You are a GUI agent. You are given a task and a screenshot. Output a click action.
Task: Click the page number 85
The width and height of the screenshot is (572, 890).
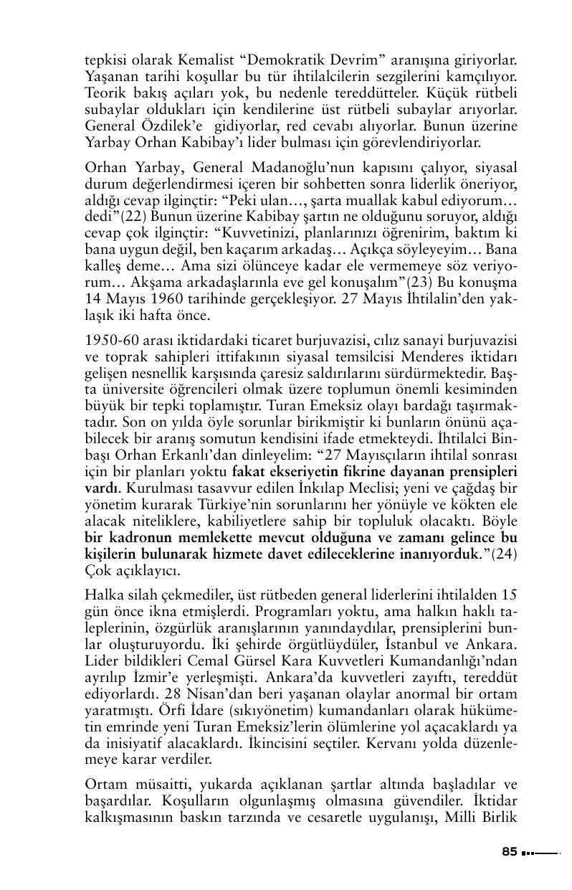pos(509,852)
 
